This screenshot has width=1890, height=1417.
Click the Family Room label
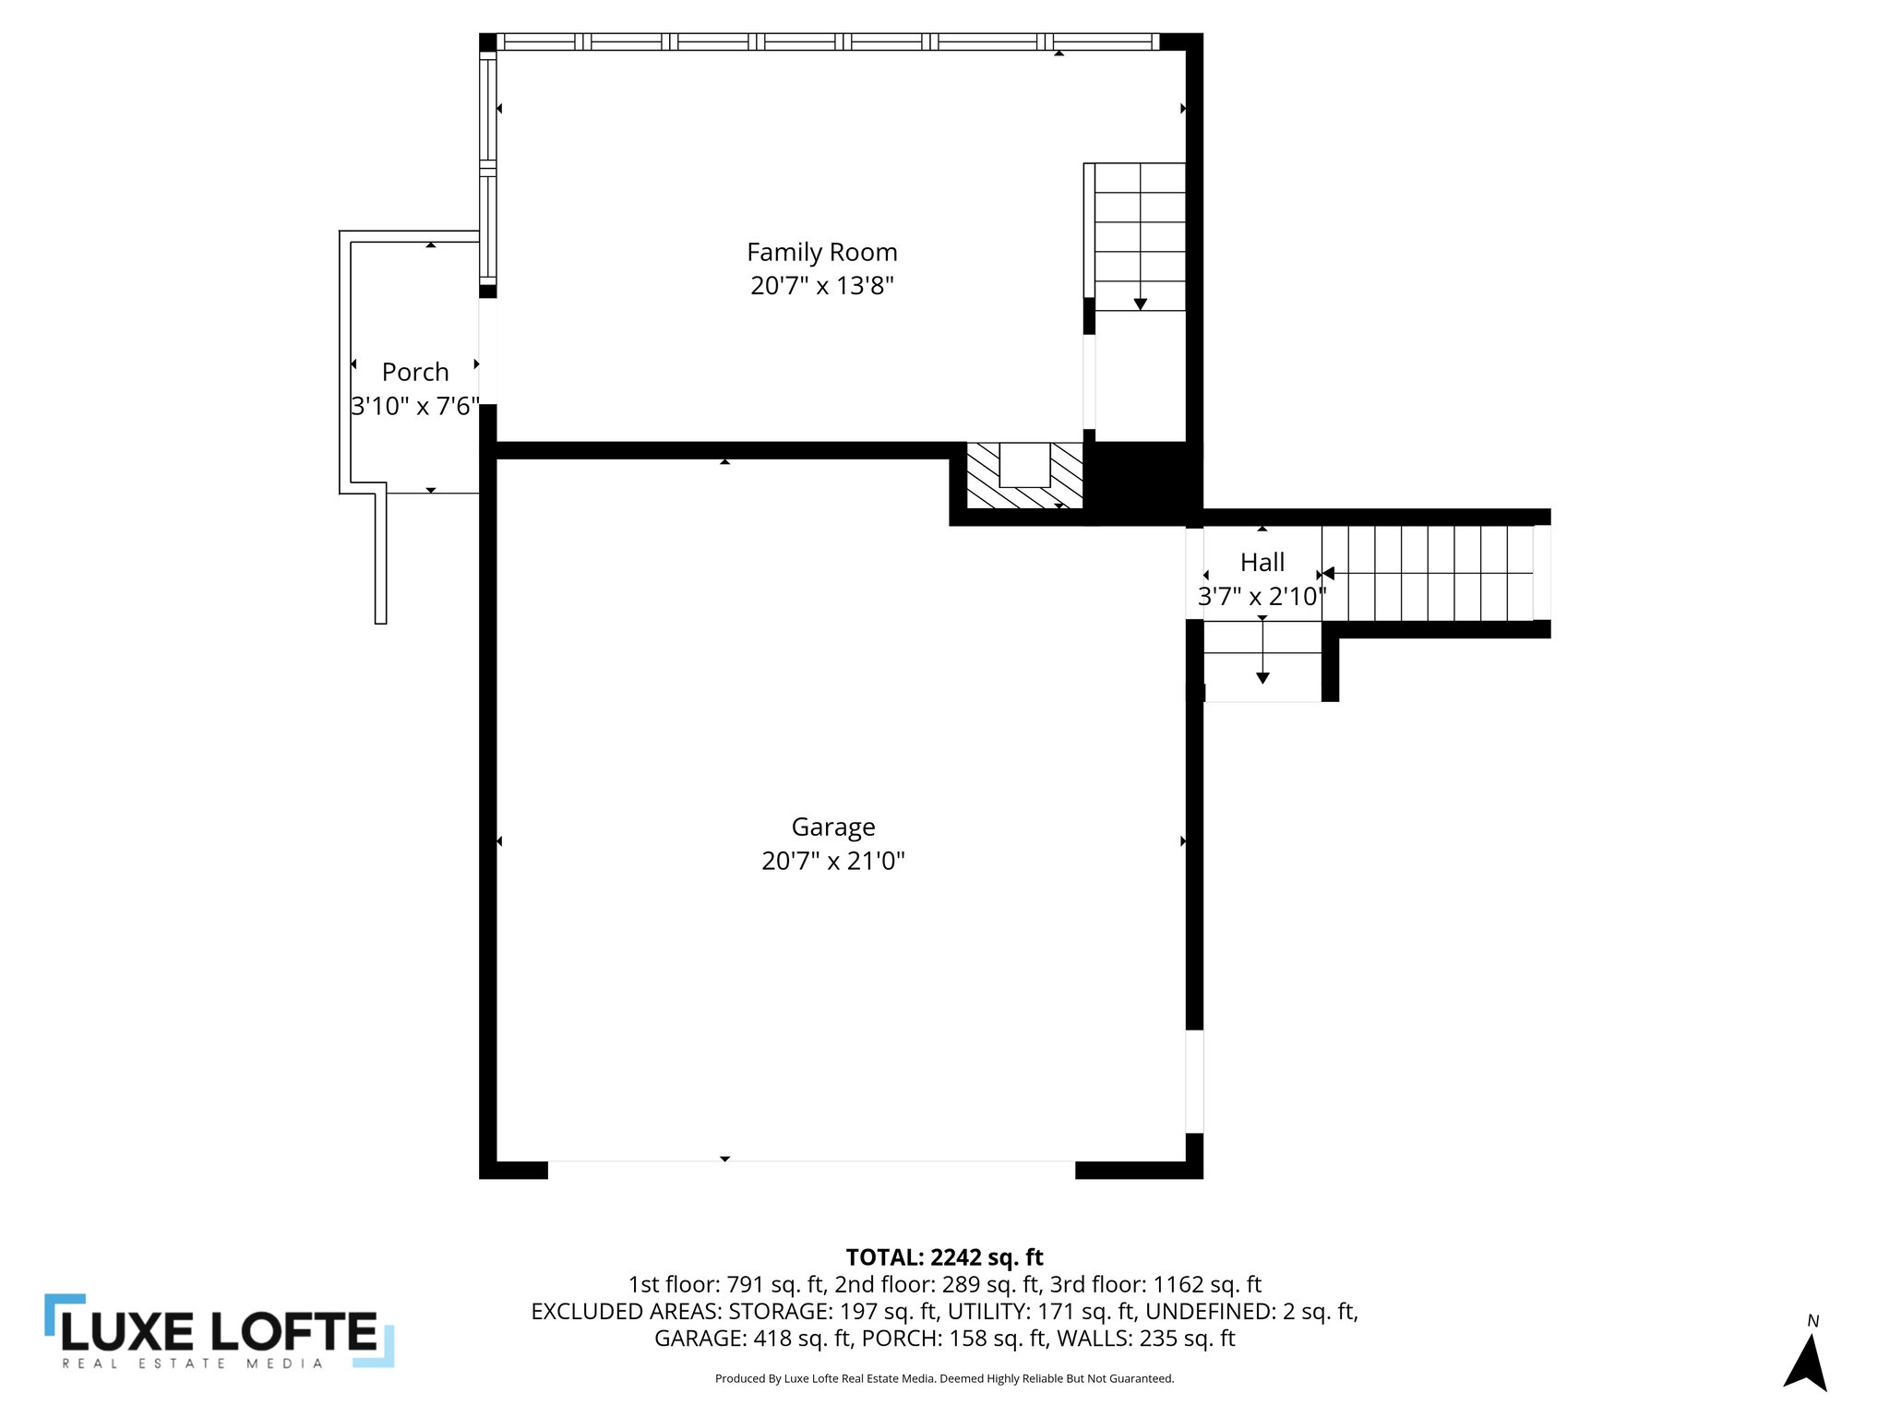[821, 252]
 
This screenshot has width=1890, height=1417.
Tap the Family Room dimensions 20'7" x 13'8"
[821, 286]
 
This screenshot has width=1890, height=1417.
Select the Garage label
[832, 827]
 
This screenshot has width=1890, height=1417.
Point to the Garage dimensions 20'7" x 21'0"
[832, 861]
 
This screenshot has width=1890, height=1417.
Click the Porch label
[415, 372]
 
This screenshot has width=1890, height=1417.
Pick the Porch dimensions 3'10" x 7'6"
[415, 406]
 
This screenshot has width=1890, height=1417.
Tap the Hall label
[1262, 562]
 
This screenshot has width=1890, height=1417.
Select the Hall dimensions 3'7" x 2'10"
[1262, 597]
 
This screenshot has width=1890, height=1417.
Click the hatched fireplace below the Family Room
[1024, 476]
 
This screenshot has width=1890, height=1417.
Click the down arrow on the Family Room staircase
[1140, 303]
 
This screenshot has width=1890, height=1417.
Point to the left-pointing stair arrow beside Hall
[1328, 574]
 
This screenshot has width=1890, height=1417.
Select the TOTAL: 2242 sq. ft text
[944, 1257]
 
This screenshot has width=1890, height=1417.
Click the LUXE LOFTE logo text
[220, 1331]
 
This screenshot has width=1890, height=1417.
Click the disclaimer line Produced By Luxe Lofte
[944, 1378]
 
